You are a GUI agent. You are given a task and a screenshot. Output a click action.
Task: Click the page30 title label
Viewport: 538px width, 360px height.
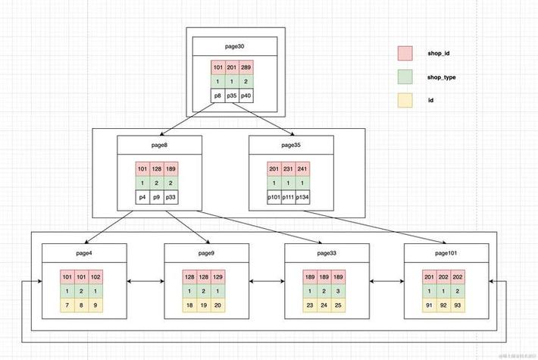coord(234,47)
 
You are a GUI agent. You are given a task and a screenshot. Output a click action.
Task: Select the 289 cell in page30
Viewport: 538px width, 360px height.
coord(246,68)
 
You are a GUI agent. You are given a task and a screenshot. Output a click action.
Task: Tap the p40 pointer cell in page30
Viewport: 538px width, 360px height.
coord(246,96)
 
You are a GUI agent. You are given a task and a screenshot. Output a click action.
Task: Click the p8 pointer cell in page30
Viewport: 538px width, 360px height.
coord(219,96)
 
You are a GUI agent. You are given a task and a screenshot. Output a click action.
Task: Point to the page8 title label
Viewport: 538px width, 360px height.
coord(159,145)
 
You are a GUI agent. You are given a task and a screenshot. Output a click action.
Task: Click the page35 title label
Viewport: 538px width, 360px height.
coord(291,145)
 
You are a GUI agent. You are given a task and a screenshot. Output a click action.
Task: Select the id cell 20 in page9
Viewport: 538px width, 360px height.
coord(218,304)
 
